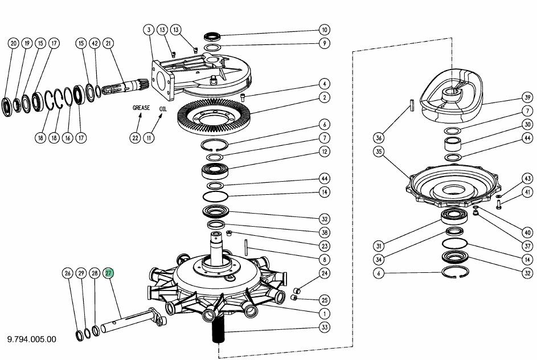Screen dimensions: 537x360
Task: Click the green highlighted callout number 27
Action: point(108,273)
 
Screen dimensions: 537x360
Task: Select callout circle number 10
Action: point(325,30)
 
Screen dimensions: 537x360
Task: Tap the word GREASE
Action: point(141,108)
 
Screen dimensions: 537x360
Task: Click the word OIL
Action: point(163,109)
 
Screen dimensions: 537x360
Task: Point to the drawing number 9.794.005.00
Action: point(31,339)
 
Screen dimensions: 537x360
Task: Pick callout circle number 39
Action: point(527,97)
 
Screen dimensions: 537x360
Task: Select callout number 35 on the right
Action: point(379,152)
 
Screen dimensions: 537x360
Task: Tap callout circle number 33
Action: point(325,327)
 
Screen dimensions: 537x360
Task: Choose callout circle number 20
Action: point(13,43)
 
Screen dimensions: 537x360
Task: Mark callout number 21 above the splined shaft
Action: point(108,43)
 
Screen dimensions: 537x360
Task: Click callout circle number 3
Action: point(149,30)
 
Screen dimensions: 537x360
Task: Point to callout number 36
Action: point(379,138)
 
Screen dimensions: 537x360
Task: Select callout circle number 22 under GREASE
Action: point(136,138)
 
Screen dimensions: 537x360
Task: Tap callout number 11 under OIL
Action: point(149,138)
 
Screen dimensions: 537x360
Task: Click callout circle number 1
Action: point(325,313)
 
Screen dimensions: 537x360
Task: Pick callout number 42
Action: point(95,43)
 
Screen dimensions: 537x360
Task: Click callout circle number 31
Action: point(379,246)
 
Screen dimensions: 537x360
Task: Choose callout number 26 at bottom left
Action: point(67,273)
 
